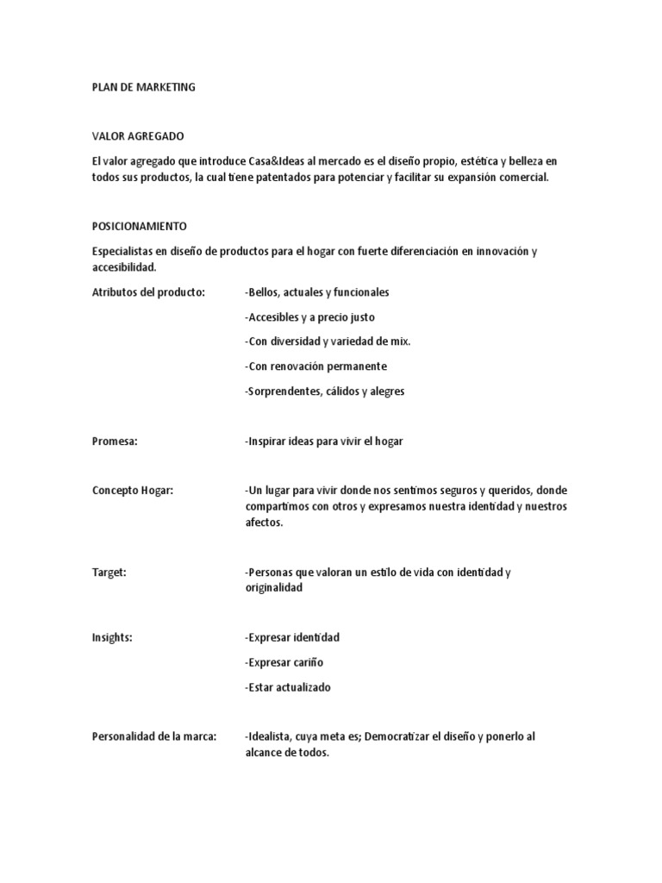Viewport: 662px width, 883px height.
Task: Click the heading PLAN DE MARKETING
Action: [x=144, y=87]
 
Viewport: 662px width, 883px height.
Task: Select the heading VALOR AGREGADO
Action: [x=138, y=136]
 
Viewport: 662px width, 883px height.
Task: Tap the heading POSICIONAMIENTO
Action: [x=139, y=226]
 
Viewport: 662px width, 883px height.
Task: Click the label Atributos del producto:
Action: [x=148, y=292]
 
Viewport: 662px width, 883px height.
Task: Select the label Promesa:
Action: [x=116, y=441]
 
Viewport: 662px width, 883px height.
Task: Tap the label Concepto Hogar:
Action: [x=133, y=491]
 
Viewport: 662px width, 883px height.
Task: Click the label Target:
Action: [x=109, y=572]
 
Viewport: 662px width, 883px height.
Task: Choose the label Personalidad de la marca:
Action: [x=154, y=736]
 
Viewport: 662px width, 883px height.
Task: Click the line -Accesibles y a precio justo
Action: [x=310, y=317]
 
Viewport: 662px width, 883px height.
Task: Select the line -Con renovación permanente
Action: [x=315, y=366]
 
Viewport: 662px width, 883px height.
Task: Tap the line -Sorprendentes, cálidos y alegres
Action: [x=325, y=391]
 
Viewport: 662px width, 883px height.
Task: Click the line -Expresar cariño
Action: [x=284, y=663]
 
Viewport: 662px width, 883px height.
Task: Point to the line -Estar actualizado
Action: [x=288, y=688]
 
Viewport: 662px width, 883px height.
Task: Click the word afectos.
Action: [x=264, y=523]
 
